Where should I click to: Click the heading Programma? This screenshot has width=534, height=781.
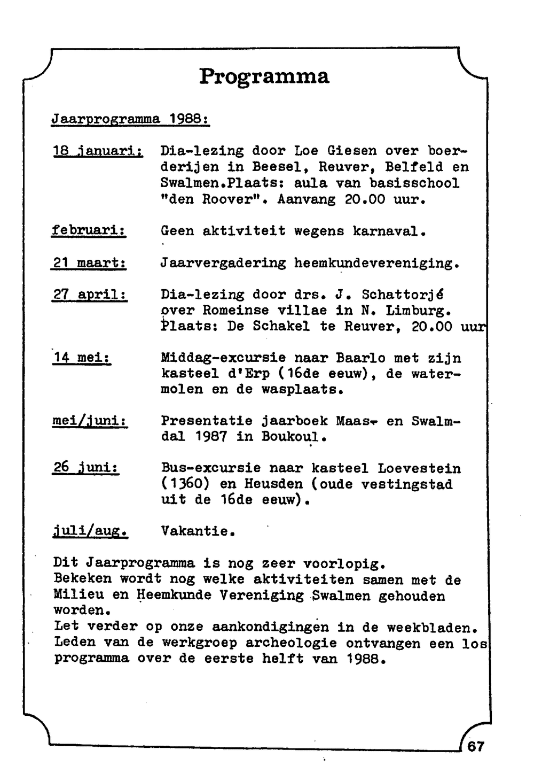point(264,76)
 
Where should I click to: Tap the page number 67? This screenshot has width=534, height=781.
point(475,746)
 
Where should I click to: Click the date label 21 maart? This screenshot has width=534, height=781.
point(89,263)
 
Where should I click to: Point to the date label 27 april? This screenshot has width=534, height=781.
point(90,295)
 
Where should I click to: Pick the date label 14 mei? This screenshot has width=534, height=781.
point(82,358)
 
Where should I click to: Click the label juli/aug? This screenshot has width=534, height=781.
point(91,531)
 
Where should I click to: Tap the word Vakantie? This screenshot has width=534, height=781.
point(198,531)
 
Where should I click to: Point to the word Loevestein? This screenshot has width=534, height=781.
point(419,468)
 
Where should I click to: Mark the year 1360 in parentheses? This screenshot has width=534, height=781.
point(185,484)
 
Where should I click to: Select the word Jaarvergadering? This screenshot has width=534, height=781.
point(223,263)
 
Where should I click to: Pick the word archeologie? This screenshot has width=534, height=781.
point(289,643)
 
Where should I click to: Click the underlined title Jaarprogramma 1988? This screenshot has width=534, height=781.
point(130,119)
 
